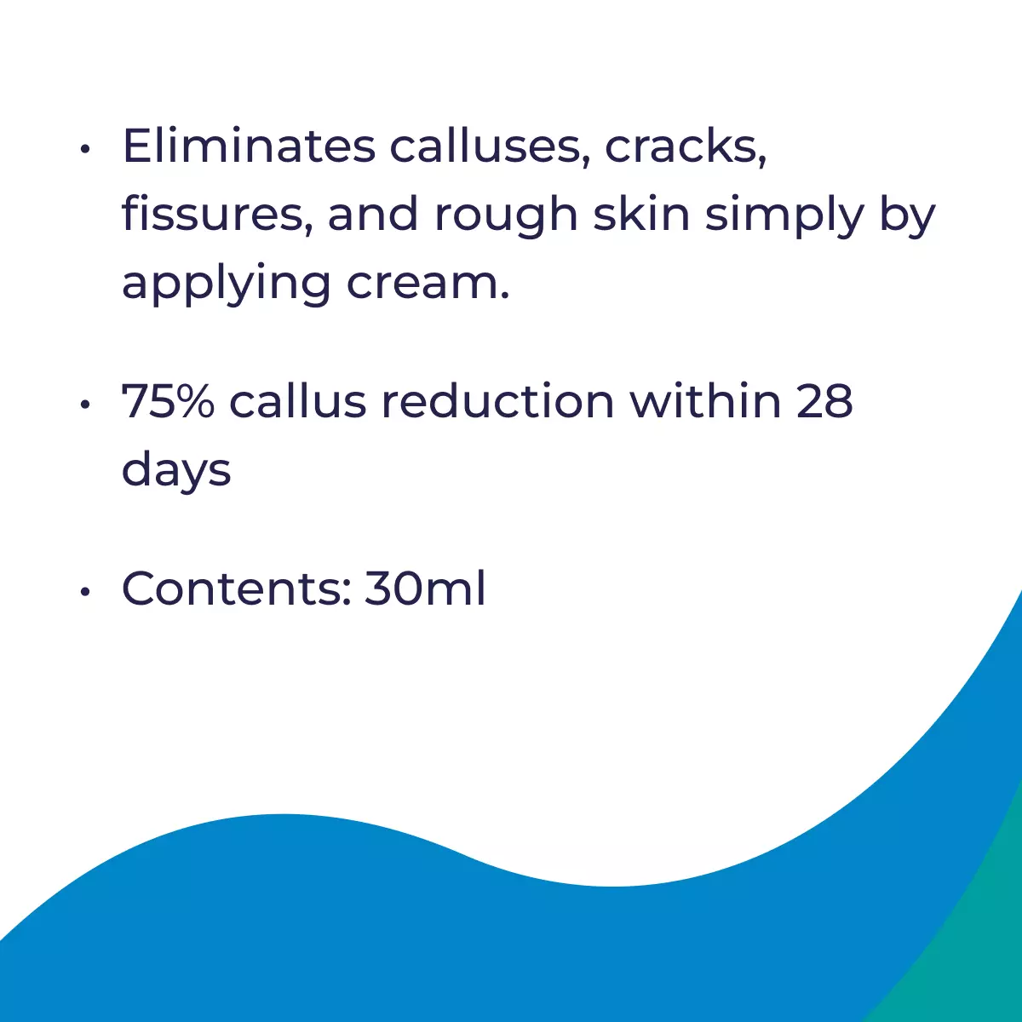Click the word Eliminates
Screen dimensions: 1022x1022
coord(249,146)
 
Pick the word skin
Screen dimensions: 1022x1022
coord(641,214)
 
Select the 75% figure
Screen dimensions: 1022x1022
coord(168,401)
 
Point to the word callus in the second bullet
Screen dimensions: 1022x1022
coord(297,400)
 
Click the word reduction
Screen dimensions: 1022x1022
coord(498,400)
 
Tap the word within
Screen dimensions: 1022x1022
coord(705,400)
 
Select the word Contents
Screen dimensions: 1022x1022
coord(237,589)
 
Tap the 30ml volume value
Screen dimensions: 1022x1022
coord(425,588)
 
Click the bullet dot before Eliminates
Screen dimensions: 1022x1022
coord(85,150)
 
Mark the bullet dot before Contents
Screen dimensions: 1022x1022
coord(85,592)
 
